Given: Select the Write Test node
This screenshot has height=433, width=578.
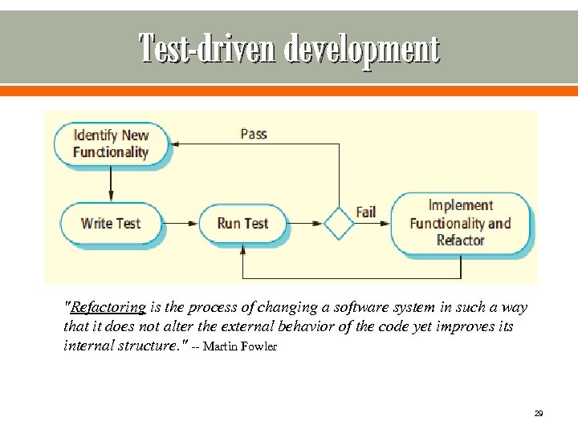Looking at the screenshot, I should coord(111,223).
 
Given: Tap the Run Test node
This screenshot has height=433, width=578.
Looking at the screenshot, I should coord(242,223).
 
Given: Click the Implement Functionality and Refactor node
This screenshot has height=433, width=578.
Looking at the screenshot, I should coord(460,223).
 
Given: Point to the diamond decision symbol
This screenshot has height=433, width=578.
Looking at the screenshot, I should coord(338,223).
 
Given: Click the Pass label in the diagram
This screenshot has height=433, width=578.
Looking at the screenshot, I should coord(254,134).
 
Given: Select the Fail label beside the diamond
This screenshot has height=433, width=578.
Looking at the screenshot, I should coord(366,212).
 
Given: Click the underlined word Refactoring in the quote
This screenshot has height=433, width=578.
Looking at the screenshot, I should coord(108,307).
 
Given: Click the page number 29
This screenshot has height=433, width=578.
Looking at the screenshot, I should coord(538,414).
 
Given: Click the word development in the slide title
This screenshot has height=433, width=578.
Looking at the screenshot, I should coord(362,48).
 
